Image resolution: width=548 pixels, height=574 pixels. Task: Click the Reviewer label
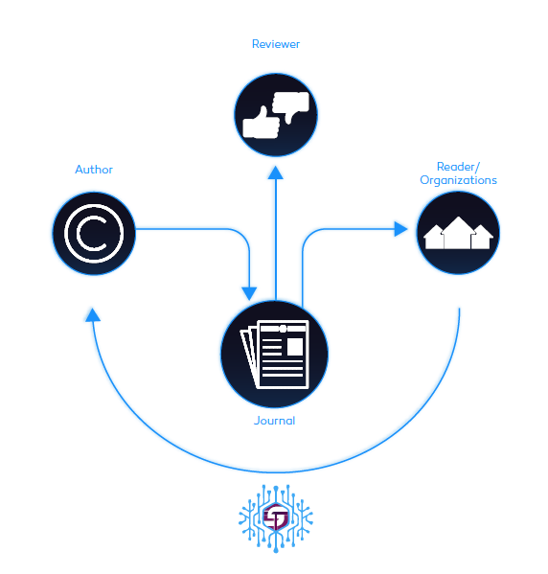pyautogui.click(x=276, y=44)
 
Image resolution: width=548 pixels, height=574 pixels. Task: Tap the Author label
pyautogui.click(x=94, y=170)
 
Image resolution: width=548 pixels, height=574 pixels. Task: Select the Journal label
pyautogui.click(x=275, y=421)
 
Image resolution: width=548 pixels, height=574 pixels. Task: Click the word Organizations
pyautogui.click(x=458, y=180)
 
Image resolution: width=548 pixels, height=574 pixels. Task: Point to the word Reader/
pyautogui.click(x=458, y=167)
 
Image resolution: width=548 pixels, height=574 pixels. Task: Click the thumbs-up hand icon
pyautogui.click(x=262, y=124)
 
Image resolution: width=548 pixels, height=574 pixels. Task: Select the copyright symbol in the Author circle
pyautogui.click(x=94, y=233)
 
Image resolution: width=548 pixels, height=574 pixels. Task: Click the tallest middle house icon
pyautogui.click(x=458, y=233)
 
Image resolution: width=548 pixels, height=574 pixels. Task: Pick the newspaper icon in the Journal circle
pyautogui.click(x=274, y=355)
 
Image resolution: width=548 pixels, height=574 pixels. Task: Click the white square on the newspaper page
pyautogui.click(x=295, y=347)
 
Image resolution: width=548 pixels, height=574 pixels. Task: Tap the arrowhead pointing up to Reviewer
pyautogui.click(x=276, y=172)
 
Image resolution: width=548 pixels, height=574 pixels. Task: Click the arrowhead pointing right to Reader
pyautogui.click(x=400, y=229)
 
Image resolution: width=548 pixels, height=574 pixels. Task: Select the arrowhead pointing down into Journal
pyautogui.click(x=249, y=293)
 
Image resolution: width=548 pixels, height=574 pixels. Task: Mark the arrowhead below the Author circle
pyautogui.click(x=93, y=315)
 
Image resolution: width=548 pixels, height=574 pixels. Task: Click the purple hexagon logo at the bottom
pyautogui.click(x=276, y=517)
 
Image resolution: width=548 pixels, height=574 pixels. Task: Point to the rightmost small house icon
pyautogui.click(x=482, y=237)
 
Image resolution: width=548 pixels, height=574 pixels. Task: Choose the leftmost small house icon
pyautogui.click(x=435, y=237)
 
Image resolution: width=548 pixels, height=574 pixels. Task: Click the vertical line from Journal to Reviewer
pyautogui.click(x=276, y=240)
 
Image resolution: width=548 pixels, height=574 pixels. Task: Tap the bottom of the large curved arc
pyautogui.click(x=275, y=472)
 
